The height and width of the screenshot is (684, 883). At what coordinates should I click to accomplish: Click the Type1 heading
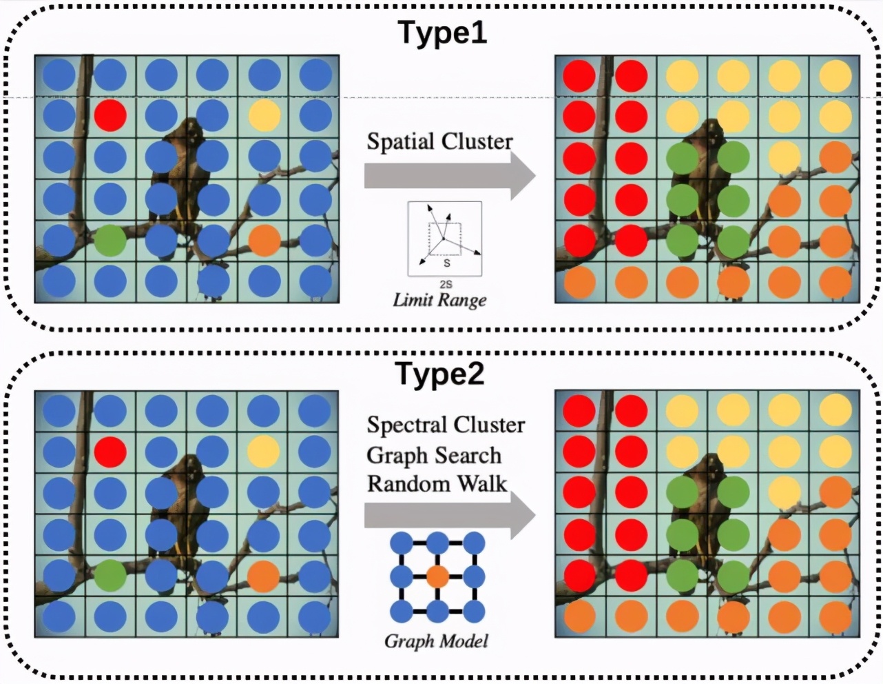441,32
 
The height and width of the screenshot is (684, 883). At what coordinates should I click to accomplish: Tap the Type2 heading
440,373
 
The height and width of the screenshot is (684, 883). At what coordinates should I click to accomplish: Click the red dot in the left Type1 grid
110,115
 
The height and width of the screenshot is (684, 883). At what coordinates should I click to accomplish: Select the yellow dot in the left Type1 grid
264,115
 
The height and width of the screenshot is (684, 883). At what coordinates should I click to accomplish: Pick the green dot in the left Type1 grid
110,240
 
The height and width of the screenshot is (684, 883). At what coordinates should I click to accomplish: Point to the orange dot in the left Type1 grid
264,240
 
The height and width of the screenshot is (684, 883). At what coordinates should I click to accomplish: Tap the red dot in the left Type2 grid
110,452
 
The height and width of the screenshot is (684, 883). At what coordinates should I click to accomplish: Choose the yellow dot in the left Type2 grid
264,452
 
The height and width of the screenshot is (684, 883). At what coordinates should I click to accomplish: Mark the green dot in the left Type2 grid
110,575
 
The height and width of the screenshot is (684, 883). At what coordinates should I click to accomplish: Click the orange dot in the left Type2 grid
263,575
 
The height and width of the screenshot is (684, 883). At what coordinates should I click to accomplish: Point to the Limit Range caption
439,300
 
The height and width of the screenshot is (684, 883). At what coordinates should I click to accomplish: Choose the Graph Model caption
436,641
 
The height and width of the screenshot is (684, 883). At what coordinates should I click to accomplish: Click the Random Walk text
437,483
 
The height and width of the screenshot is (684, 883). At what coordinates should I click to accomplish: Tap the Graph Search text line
434,455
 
